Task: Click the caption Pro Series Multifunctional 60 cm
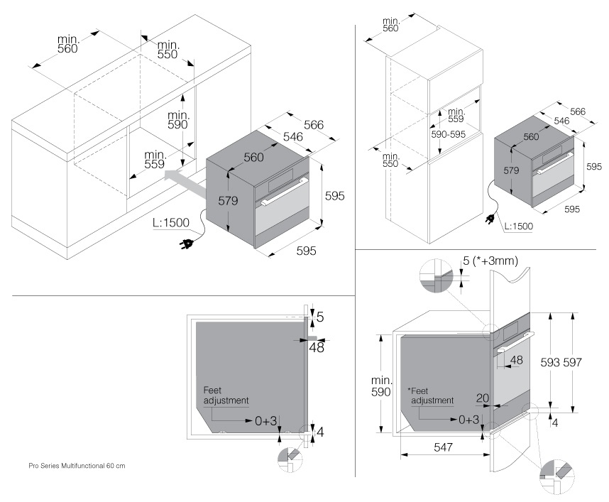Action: click(77, 466)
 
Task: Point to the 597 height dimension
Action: click(572, 361)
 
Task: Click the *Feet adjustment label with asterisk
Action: click(430, 395)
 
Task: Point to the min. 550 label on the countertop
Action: click(169, 49)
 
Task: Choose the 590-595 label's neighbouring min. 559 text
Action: click(456, 116)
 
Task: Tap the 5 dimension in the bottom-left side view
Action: click(320, 316)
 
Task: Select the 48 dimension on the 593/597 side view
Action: click(516, 360)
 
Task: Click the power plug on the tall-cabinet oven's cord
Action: click(490, 222)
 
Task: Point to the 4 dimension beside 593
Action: click(554, 422)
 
